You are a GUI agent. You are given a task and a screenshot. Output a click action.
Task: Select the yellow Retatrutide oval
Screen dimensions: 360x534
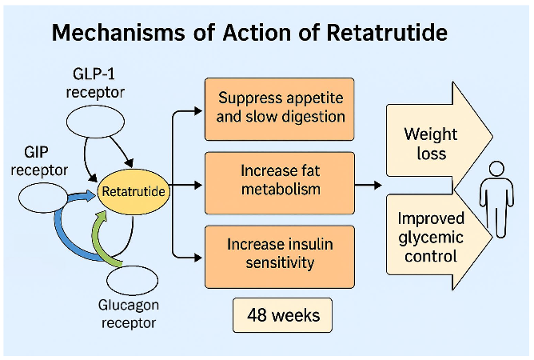coord(133,191)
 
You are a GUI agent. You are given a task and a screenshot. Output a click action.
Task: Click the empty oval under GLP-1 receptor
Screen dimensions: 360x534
coord(94,126)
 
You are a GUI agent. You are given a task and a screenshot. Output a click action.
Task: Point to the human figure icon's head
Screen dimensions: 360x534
coord(496,170)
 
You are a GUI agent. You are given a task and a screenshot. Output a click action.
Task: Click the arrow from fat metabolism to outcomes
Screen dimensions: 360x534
coord(368,186)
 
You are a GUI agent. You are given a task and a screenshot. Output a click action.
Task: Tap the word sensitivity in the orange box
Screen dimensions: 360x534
coord(280,262)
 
